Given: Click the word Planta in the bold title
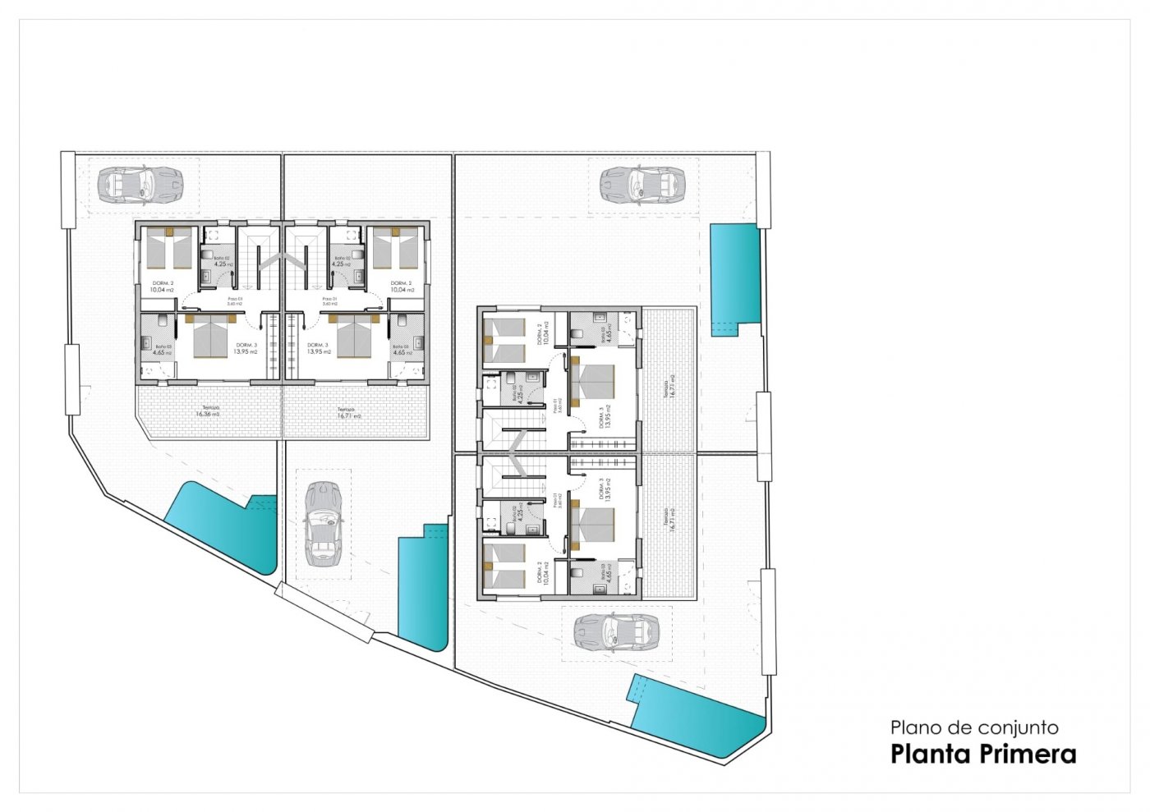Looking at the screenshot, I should point(932,754).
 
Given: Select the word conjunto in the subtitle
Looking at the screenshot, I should point(1011,727).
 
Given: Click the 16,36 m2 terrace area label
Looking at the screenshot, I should point(207,414).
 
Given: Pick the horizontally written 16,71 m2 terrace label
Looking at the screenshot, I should point(348,415).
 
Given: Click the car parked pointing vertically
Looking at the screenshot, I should point(322,525).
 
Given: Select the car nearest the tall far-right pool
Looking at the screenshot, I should point(642,185).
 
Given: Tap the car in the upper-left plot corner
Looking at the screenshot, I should point(139,185).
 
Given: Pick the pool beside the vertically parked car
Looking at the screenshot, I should point(422,585).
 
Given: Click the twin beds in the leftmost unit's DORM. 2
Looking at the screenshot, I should point(169,249).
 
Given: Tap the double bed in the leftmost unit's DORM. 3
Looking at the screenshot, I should point(210,337).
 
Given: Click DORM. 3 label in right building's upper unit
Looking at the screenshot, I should point(602,418).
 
